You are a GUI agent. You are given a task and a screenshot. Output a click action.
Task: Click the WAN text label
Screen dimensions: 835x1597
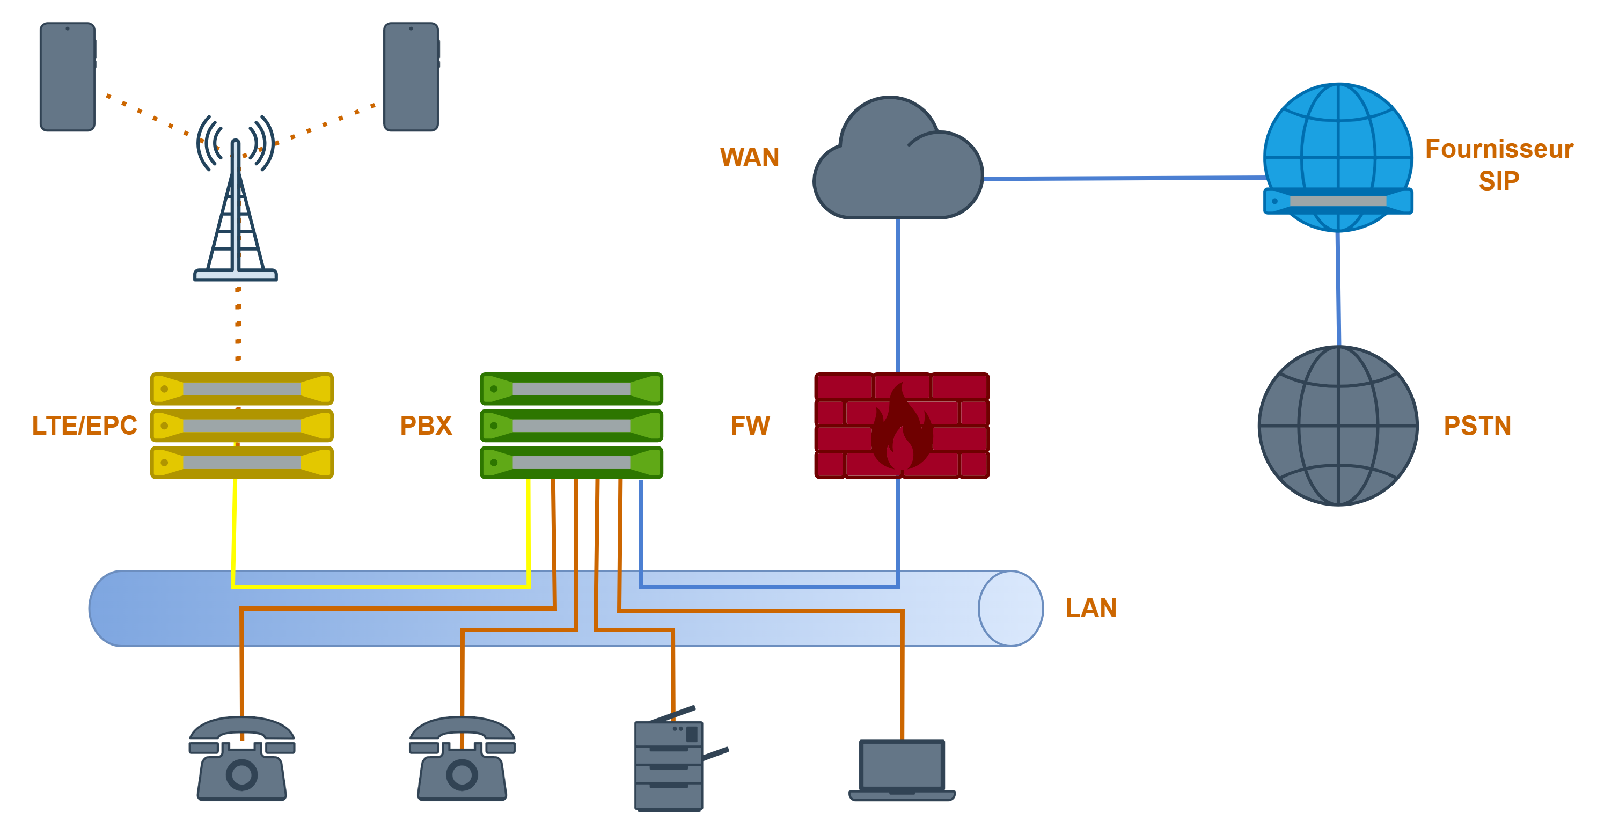tap(749, 157)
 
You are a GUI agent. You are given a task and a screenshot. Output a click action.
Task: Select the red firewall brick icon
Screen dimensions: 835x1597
tap(902, 426)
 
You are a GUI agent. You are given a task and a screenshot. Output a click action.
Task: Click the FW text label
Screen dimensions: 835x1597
tap(750, 426)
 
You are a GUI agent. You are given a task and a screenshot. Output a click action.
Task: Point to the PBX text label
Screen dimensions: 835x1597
tap(426, 426)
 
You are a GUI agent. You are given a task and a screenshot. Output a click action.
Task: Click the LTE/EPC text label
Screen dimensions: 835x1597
tap(84, 426)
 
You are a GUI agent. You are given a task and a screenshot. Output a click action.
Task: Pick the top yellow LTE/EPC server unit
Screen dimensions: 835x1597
tap(242, 389)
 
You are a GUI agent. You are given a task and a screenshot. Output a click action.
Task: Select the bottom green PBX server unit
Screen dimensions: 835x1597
tap(572, 463)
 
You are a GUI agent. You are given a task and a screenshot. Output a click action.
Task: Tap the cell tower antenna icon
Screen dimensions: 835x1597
tap(236, 204)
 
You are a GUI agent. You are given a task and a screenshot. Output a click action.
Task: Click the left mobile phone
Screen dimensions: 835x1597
tap(68, 77)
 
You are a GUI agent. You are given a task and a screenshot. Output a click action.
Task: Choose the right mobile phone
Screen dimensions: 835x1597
tap(411, 77)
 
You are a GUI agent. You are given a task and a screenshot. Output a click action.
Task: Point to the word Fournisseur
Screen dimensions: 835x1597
tap(1499, 149)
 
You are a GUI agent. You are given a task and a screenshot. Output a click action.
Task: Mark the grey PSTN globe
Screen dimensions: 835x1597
tap(1338, 426)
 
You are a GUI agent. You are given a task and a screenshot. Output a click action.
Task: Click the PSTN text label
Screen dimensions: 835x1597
tap(1477, 426)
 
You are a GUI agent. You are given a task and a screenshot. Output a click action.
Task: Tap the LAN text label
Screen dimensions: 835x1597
tap(1091, 608)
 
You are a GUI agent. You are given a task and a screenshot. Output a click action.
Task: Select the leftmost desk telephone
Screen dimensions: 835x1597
tap(242, 759)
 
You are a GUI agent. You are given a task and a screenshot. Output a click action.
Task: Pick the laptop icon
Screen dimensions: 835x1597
tap(902, 770)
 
